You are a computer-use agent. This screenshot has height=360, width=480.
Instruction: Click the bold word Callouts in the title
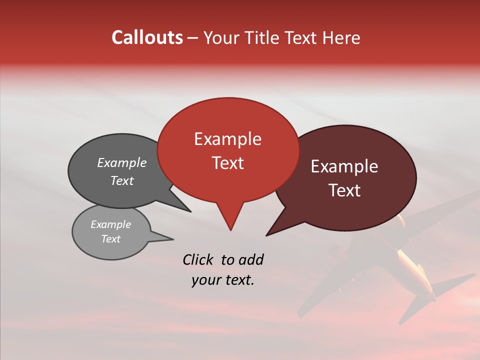[x=147, y=37]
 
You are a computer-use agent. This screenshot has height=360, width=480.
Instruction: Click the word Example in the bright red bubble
[x=227, y=139]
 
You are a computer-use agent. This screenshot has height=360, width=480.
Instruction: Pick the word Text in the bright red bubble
[x=227, y=163]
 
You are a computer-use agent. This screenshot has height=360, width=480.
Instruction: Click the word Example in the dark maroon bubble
[x=344, y=166]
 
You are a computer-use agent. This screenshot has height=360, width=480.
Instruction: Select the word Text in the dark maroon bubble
[x=344, y=190]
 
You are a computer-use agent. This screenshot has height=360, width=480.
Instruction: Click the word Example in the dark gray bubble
[x=121, y=162]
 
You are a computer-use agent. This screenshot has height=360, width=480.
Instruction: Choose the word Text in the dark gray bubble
[x=121, y=180]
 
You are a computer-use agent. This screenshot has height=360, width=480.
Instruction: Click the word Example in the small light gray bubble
[x=110, y=224]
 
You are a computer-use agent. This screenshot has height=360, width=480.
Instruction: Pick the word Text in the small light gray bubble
[x=110, y=239]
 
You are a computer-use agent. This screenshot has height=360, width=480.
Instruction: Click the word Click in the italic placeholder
[x=198, y=259]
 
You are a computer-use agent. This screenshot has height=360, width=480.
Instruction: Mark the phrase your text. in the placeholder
[x=223, y=280]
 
